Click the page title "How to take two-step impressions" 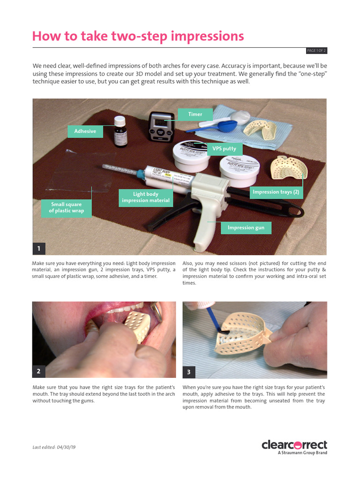pyautogui.click(x=138, y=36)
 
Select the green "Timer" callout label pyautogui.click(x=195, y=114)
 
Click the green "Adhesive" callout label pyautogui.click(x=85, y=131)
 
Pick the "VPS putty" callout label pyautogui.click(x=224, y=149)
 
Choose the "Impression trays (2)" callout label pyautogui.click(x=276, y=192)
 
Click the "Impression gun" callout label pyautogui.click(x=246, y=228)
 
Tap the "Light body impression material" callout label pyautogui.click(x=145, y=197)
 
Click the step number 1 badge pyautogui.click(x=39, y=248)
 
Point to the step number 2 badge pyautogui.click(x=39, y=371)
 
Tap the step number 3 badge pyautogui.click(x=189, y=372)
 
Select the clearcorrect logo pyautogui.click(x=294, y=444)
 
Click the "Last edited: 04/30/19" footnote pyautogui.click(x=54, y=447)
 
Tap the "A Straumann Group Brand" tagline pyautogui.click(x=302, y=453)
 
